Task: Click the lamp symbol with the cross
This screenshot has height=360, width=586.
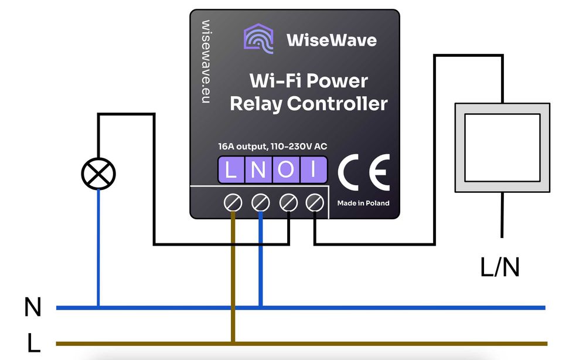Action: tap(98, 174)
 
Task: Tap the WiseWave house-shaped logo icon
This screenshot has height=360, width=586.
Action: tap(258, 39)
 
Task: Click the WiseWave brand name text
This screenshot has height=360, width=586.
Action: tap(331, 40)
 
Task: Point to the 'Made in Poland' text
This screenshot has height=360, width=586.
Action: tap(363, 203)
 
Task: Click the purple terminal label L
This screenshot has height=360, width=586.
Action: tap(231, 170)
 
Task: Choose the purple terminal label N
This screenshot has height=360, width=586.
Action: tap(258, 170)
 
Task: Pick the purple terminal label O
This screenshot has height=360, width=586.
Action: tap(286, 170)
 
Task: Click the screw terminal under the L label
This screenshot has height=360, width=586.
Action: tap(233, 203)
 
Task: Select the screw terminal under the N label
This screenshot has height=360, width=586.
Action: tap(260, 203)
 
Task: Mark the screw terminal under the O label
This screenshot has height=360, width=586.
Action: tap(288, 203)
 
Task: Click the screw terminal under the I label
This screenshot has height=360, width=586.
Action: tap(315, 203)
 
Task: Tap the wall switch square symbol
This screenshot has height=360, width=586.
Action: tap(502, 148)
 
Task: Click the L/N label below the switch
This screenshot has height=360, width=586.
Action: tap(500, 267)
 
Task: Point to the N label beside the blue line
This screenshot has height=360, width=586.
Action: tap(33, 307)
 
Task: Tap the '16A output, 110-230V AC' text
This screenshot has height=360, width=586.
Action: tap(265, 147)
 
